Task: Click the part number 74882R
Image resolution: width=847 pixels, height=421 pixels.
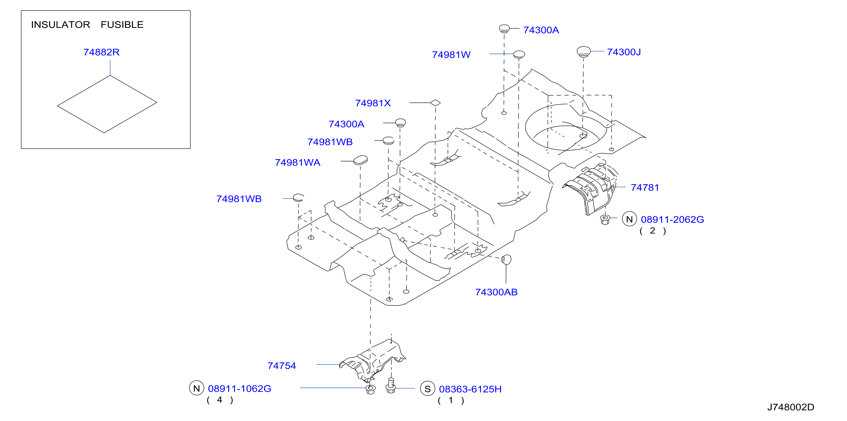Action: (101, 52)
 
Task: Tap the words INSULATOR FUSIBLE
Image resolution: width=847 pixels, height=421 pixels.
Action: (87, 25)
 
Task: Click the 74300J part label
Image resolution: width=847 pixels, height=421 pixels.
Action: (624, 52)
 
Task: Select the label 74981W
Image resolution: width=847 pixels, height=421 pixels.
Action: (451, 54)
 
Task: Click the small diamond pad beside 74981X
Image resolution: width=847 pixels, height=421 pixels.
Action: (435, 103)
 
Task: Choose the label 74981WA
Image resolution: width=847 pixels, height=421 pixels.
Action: (298, 163)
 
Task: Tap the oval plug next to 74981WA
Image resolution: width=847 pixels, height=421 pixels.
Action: (360, 161)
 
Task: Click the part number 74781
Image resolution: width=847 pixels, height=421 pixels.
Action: (645, 188)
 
